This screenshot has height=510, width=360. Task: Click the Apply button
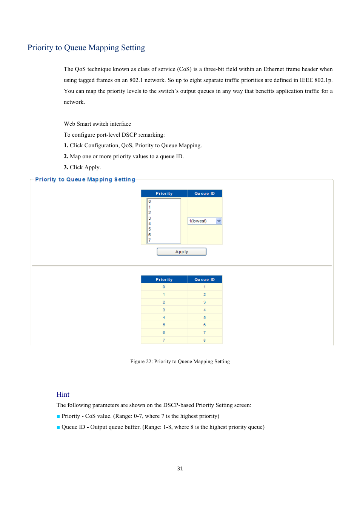[x=182, y=252]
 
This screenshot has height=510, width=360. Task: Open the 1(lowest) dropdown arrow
[x=219, y=221]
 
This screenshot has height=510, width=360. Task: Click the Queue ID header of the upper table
[x=205, y=194]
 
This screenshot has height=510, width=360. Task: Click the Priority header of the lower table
[x=164, y=279]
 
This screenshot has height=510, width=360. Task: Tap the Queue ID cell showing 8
[x=205, y=340]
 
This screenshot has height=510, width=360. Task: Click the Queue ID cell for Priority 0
[x=205, y=287]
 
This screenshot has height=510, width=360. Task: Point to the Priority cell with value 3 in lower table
[x=164, y=310]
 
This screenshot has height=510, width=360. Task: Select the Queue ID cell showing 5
[x=205, y=317]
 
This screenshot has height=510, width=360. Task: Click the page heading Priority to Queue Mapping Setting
[x=86, y=48]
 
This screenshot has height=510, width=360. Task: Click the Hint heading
[x=63, y=394]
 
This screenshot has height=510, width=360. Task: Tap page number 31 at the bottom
[x=180, y=468]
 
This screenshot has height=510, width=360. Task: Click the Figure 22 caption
[x=180, y=362]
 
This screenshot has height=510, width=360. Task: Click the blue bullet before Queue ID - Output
[x=58, y=427]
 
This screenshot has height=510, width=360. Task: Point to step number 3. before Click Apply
[x=66, y=167]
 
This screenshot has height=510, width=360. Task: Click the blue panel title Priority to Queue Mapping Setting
[x=85, y=180]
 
